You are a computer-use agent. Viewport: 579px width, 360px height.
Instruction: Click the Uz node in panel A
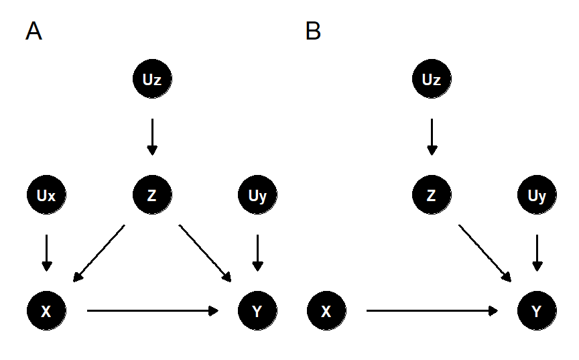pyautogui.click(x=152, y=80)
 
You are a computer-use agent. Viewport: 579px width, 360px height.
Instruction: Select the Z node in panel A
pyautogui.click(x=152, y=196)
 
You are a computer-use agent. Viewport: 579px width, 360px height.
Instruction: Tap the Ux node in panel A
pyautogui.click(x=46, y=196)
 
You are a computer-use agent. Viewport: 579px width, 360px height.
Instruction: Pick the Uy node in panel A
pyautogui.click(x=258, y=196)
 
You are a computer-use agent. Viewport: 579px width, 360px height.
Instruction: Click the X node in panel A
pyautogui.click(x=46, y=311)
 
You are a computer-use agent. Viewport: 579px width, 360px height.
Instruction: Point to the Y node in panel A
pyautogui.click(x=258, y=311)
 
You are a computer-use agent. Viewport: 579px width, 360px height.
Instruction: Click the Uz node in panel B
pyautogui.click(x=432, y=80)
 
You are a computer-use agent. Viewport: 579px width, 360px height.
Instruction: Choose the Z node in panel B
pyautogui.click(x=432, y=196)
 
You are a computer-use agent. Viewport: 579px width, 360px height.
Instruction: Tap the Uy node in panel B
pyautogui.click(x=537, y=196)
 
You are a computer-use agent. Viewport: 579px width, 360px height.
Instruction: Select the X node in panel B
pyautogui.click(x=326, y=311)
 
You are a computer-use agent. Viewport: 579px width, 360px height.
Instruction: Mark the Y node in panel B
pyautogui.click(x=537, y=311)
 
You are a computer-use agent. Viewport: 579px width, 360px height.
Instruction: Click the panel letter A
pyautogui.click(x=34, y=32)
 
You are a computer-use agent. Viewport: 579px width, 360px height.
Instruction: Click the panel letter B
pyautogui.click(x=313, y=32)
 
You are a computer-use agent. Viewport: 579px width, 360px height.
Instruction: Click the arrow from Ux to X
pyautogui.click(x=46, y=253)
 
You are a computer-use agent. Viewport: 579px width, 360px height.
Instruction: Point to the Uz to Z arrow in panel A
pyautogui.click(x=152, y=137)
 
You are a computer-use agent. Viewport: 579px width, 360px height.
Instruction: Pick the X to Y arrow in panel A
pyautogui.click(x=153, y=311)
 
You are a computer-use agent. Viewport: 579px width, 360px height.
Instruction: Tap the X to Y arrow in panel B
pyautogui.click(x=432, y=311)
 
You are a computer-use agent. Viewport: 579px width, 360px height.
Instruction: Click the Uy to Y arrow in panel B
pyautogui.click(x=537, y=253)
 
